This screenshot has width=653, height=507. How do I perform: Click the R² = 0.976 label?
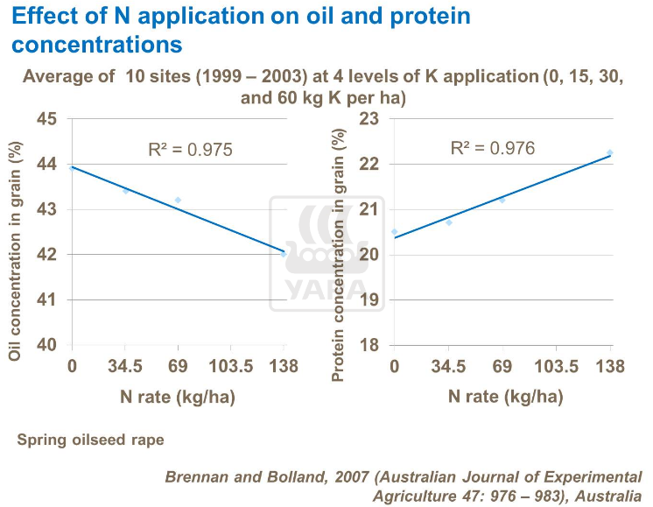(x=492, y=148)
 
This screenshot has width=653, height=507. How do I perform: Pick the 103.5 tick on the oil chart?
(x=230, y=366)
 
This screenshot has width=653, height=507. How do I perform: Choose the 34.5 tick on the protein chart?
(x=448, y=366)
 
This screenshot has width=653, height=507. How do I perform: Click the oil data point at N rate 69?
(x=178, y=200)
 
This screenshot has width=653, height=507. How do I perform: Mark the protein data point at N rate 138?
(x=610, y=152)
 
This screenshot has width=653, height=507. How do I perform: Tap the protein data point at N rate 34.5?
(x=449, y=222)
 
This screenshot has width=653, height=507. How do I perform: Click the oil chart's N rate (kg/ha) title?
(x=178, y=397)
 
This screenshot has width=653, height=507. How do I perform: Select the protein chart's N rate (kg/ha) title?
(x=505, y=397)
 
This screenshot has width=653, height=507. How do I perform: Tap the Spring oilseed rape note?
(x=90, y=440)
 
